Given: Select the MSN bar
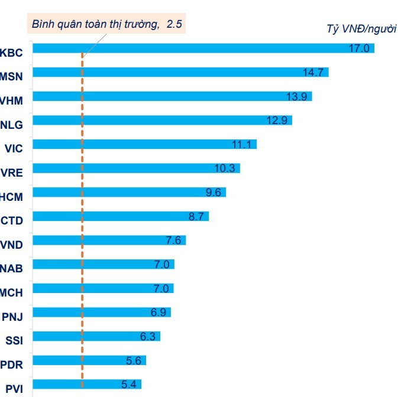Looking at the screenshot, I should [x=177, y=73].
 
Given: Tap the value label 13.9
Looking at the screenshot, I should [x=296, y=97].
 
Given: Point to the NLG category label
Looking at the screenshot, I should [x=12, y=125].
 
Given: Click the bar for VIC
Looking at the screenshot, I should [x=142, y=145].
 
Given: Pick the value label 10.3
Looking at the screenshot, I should [x=225, y=168].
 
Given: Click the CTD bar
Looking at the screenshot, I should [x=118, y=216].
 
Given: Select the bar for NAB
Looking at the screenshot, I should [x=101, y=264].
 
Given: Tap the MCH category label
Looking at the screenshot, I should [x=11, y=293].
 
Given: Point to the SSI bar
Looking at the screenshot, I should [x=95, y=336].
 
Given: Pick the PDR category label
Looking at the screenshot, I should [x=12, y=365].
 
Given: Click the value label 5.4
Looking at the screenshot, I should [x=128, y=384].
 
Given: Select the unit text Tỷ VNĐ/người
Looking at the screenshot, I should [x=361, y=28].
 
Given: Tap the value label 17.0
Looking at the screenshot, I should [x=358, y=48].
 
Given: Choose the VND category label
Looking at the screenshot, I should [x=12, y=245].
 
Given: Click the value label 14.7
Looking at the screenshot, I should [x=313, y=73].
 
